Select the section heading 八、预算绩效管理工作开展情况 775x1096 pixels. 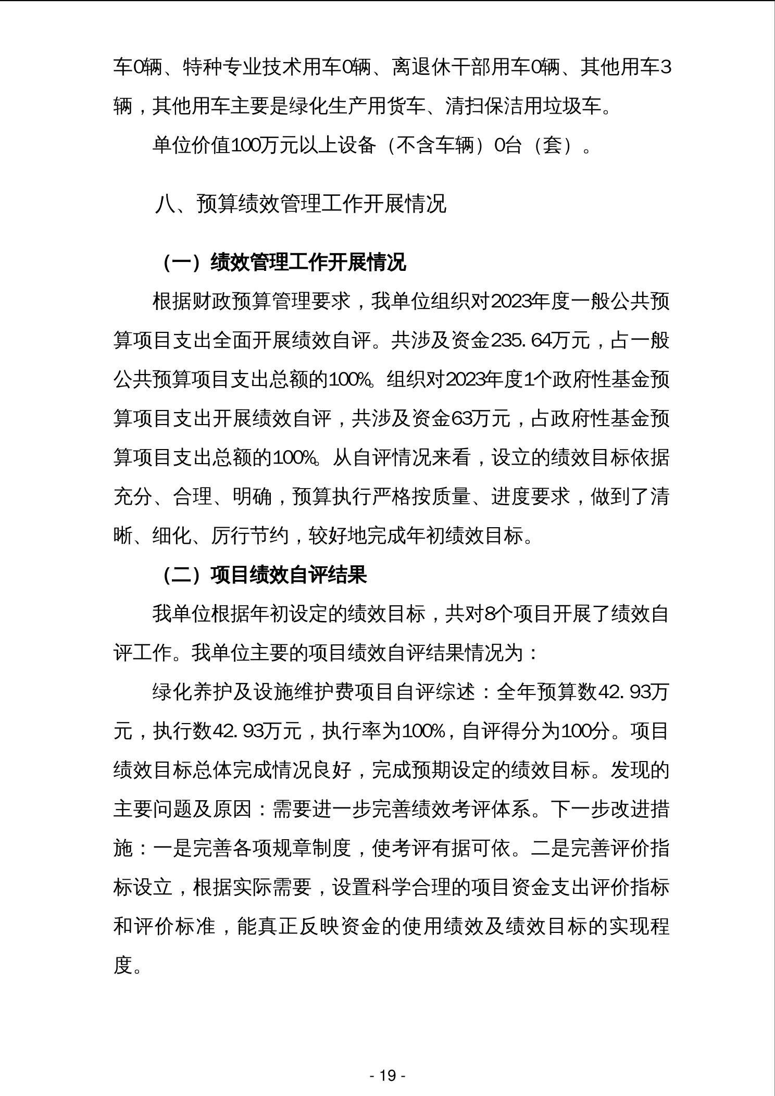(x=301, y=204)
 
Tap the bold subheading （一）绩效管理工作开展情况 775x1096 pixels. (x=284, y=263)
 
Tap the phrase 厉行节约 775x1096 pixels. (x=249, y=536)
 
